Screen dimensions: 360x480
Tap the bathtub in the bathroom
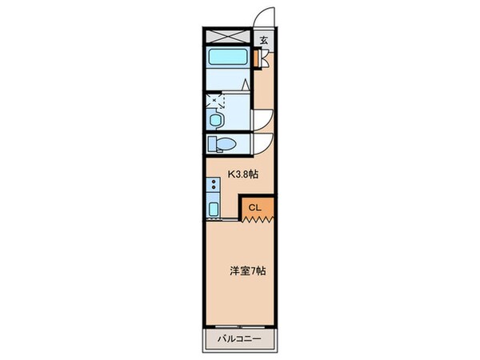pos(226,59)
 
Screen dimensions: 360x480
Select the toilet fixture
pos(222,144)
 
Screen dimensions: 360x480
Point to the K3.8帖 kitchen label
pos(243,173)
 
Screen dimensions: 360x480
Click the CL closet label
pos(254,208)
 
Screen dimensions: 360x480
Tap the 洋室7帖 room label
pos(248,270)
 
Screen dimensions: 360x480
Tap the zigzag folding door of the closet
pos(258,218)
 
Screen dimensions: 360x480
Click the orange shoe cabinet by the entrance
pos(258,58)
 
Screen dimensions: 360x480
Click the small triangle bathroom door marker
pos(248,84)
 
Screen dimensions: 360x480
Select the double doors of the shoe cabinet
pos(258,58)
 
